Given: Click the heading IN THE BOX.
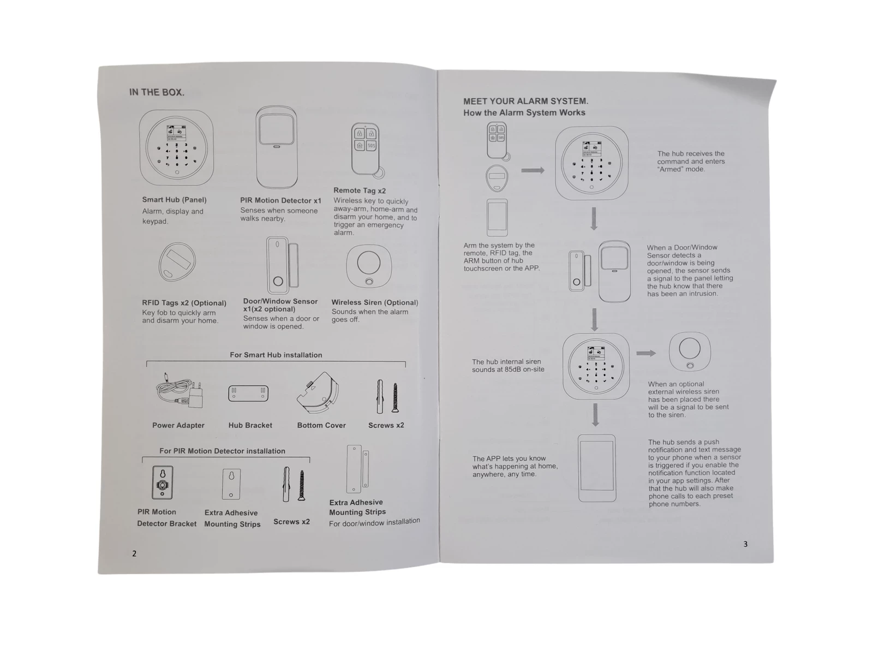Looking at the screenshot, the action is (157, 92).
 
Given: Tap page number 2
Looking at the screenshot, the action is (134, 553).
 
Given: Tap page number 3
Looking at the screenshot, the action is (745, 544).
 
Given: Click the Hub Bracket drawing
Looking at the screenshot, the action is (248, 394).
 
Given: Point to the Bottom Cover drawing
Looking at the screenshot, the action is (318, 392).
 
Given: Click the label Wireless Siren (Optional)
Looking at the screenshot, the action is (375, 302).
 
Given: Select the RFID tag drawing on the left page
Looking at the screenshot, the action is (177, 261).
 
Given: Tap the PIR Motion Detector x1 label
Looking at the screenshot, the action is (280, 200).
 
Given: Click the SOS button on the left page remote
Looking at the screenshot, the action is (371, 146).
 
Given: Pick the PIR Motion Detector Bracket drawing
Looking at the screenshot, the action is (162, 483).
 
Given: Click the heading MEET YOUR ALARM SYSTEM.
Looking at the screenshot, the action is (525, 102).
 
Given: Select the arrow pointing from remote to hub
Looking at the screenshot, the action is (533, 170).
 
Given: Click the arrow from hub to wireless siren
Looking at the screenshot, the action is (646, 353).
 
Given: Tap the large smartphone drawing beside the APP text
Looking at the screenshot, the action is (596, 468).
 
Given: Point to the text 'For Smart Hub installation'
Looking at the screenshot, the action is (276, 355).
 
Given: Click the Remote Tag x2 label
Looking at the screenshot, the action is (360, 190).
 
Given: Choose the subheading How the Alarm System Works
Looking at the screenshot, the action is (524, 112).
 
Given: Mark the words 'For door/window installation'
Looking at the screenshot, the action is (374, 522).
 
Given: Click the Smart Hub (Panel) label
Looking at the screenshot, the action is (174, 200).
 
